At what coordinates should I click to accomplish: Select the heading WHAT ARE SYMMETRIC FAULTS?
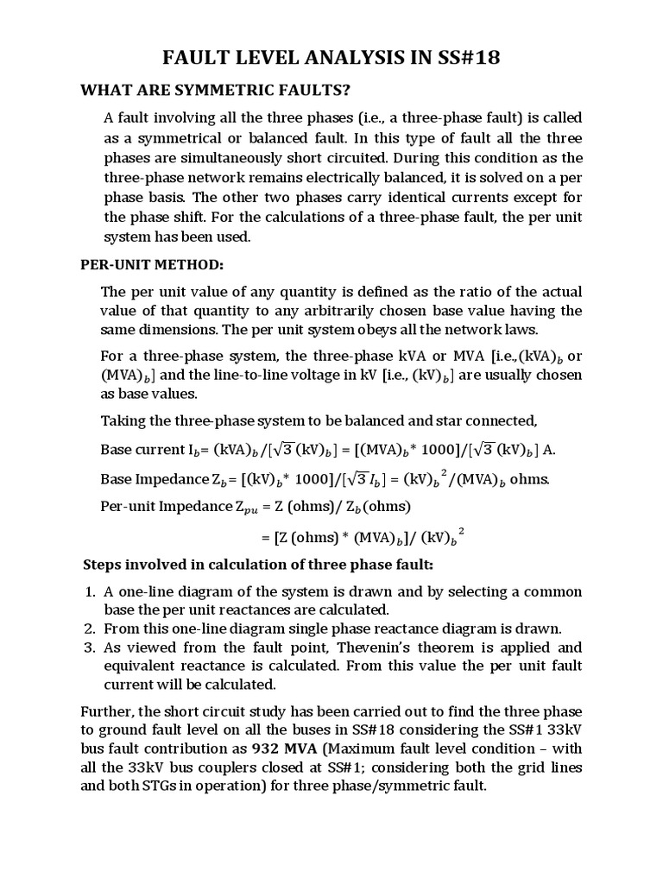(x=216, y=90)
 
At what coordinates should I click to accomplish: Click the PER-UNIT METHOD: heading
(x=152, y=263)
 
